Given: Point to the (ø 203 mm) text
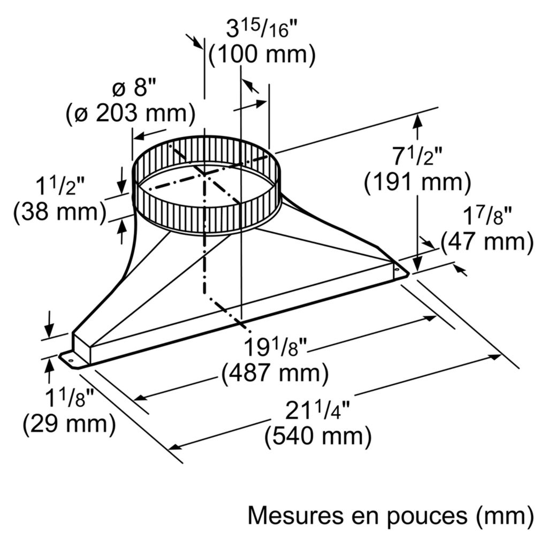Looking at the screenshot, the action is point(131,113).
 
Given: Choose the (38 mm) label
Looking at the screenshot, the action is point(59,212).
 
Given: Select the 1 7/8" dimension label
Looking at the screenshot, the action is point(488,217).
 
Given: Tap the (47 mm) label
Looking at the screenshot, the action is point(487,241).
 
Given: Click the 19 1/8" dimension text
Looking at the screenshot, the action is point(275,347).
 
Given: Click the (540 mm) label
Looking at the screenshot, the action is point(318,436).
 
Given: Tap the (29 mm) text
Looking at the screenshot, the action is point(69,424).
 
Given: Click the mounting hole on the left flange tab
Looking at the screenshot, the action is point(71,360).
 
